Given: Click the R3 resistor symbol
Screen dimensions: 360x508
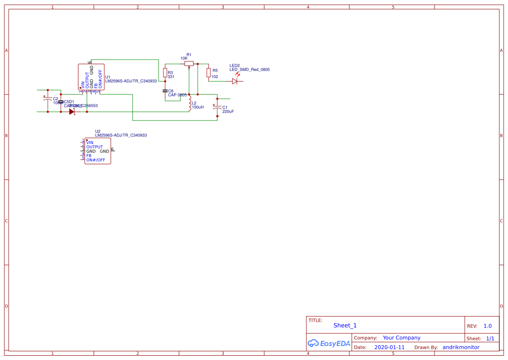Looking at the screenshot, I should tap(165, 72).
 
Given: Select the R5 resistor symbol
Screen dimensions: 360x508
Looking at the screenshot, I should tap(209, 72).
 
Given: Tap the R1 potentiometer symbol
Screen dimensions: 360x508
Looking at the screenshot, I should tap(189, 63).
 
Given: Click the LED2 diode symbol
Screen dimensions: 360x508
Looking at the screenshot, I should tap(235, 81).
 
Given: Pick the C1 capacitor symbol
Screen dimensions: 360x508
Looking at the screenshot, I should tap(217, 107).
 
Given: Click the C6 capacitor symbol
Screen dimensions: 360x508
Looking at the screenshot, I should tap(165, 91).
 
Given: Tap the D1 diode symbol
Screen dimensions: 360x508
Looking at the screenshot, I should tap(72, 112).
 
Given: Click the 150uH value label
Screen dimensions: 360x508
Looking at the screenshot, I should tap(198, 107).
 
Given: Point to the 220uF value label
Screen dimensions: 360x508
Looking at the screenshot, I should tap(228, 112).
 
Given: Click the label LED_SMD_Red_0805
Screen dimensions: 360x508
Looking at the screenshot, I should tap(249, 70).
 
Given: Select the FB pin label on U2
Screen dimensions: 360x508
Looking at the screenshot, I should tap(89, 156).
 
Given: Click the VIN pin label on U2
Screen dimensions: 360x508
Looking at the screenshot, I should tap(90, 143).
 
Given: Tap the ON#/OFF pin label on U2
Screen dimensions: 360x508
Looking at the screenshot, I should tap(96, 160).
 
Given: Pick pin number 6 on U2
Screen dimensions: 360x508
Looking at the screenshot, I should tap(112, 149).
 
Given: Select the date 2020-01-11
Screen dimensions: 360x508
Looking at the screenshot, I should tap(389, 347).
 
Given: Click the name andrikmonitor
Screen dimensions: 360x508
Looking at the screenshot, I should tap(461, 347).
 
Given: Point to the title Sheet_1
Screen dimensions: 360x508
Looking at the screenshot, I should tap(345, 325).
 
